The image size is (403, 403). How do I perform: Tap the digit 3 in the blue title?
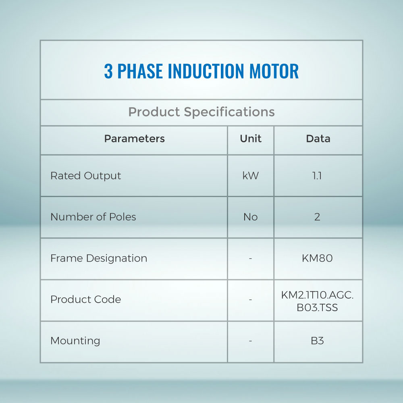(x=108, y=71)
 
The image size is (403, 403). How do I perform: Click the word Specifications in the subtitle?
(x=229, y=112)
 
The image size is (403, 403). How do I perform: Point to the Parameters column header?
(x=135, y=139)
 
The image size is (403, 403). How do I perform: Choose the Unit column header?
(x=251, y=139)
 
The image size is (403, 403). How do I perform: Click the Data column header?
(x=318, y=139)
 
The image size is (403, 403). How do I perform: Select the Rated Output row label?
(x=85, y=176)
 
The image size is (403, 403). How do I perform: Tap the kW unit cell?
(x=251, y=176)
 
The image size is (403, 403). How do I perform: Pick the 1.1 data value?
(x=317, y=176)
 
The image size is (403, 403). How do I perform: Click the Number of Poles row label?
(x=93, y=217)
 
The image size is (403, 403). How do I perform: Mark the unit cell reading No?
(x=251, y=217)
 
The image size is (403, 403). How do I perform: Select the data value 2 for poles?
(x=317, y=217)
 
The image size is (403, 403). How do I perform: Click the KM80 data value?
(x=317, y=258)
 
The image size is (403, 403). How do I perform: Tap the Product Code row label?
(x=85, y=299)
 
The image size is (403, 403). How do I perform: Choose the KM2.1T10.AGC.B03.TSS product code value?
(x=317, y=301)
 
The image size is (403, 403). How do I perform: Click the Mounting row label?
(x=75, y=341)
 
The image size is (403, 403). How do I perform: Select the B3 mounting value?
(x=317, y=341)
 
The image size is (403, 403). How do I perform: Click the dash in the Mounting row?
(x=250, y=341)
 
